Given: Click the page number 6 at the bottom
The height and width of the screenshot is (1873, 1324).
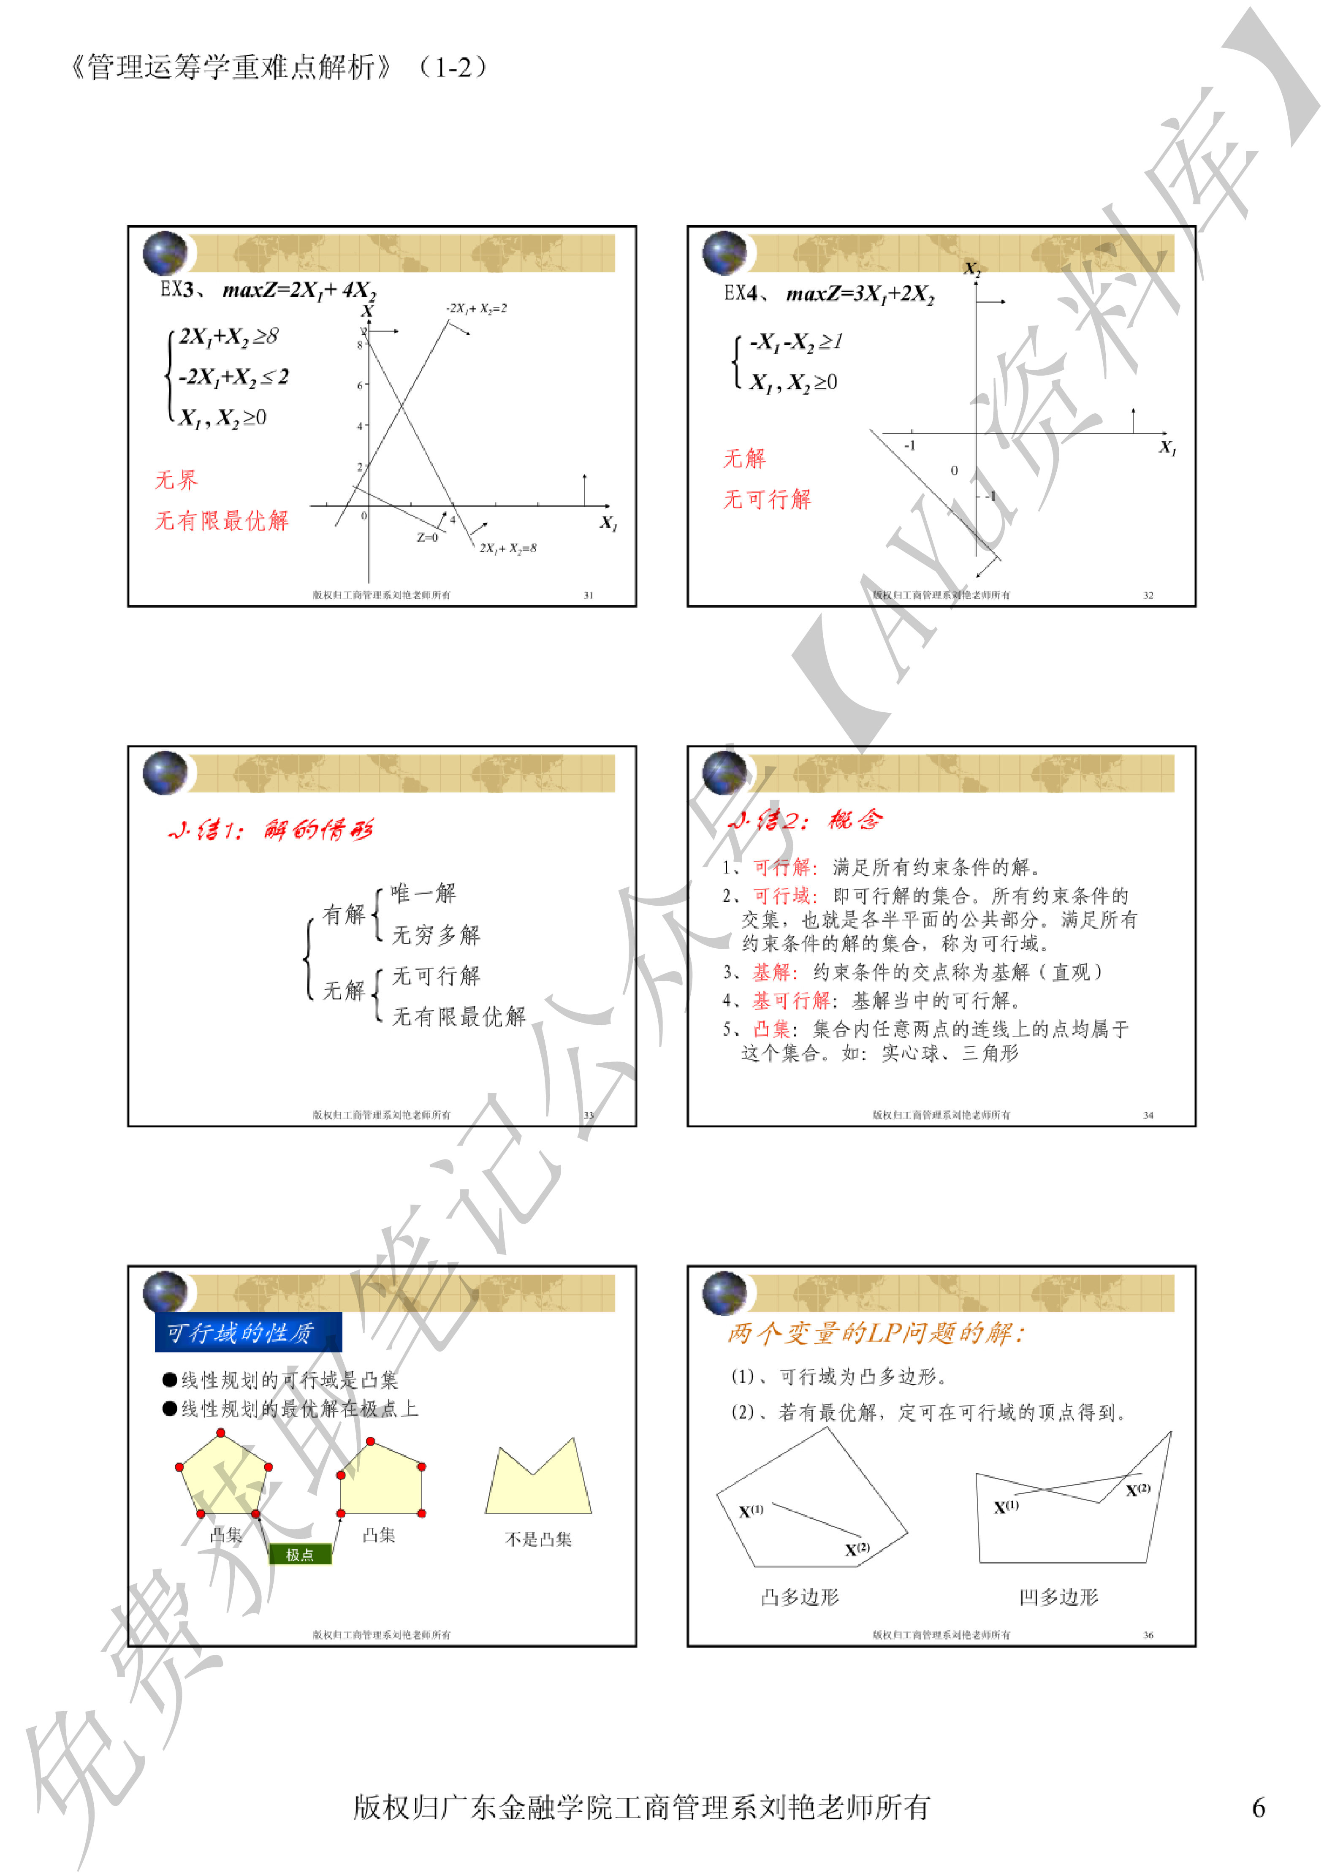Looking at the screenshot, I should tap(1258, 1808).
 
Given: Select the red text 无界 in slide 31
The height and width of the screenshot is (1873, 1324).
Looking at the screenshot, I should tap(176, 480).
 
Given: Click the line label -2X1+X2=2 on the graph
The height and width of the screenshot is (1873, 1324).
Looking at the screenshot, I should tap(476, 308).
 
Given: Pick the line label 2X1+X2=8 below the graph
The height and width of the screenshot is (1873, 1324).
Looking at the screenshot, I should tap(507, 548).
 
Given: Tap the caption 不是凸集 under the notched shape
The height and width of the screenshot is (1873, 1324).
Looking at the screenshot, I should tap(538, 1539).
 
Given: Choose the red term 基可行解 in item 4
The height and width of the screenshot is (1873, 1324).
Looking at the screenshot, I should tap(790, 1000).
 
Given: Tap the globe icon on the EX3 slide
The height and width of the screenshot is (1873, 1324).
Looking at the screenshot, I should tap(165, 253).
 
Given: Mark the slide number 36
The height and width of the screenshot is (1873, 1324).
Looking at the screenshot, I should tap(1148, 1635).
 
